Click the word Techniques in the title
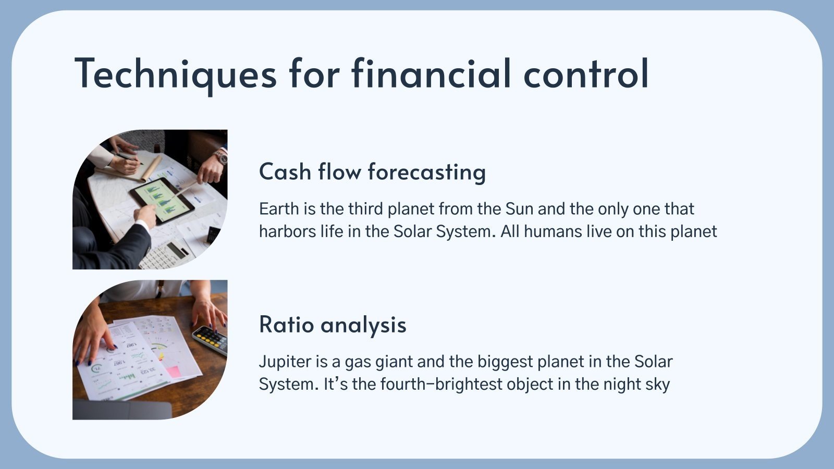175,73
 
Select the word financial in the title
431,73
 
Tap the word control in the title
586,73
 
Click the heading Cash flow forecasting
372,172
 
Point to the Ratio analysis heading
333,325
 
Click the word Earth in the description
279,209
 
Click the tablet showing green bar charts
162,200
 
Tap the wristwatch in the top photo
221,157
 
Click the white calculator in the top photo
166,255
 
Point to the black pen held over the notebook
128,158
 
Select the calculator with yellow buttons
211,339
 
